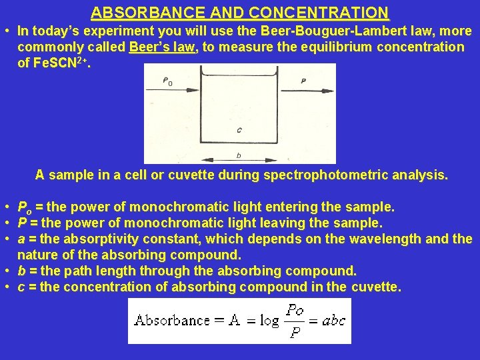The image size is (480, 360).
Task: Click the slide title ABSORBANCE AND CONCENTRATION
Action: (x=240, y=13)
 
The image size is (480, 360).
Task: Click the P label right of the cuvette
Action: (x=303, y=81)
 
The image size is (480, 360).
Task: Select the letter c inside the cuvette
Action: (x=239, y=129)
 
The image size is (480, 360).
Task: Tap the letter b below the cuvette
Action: (x=239, y=155)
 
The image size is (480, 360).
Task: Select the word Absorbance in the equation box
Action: (x=172, y=320)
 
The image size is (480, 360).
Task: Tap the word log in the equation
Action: (x=269, y=321)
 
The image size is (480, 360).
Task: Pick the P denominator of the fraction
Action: (x=294, y=333)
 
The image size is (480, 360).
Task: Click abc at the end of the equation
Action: (x=333, y=321)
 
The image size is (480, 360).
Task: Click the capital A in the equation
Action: (x=234, y=320)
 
